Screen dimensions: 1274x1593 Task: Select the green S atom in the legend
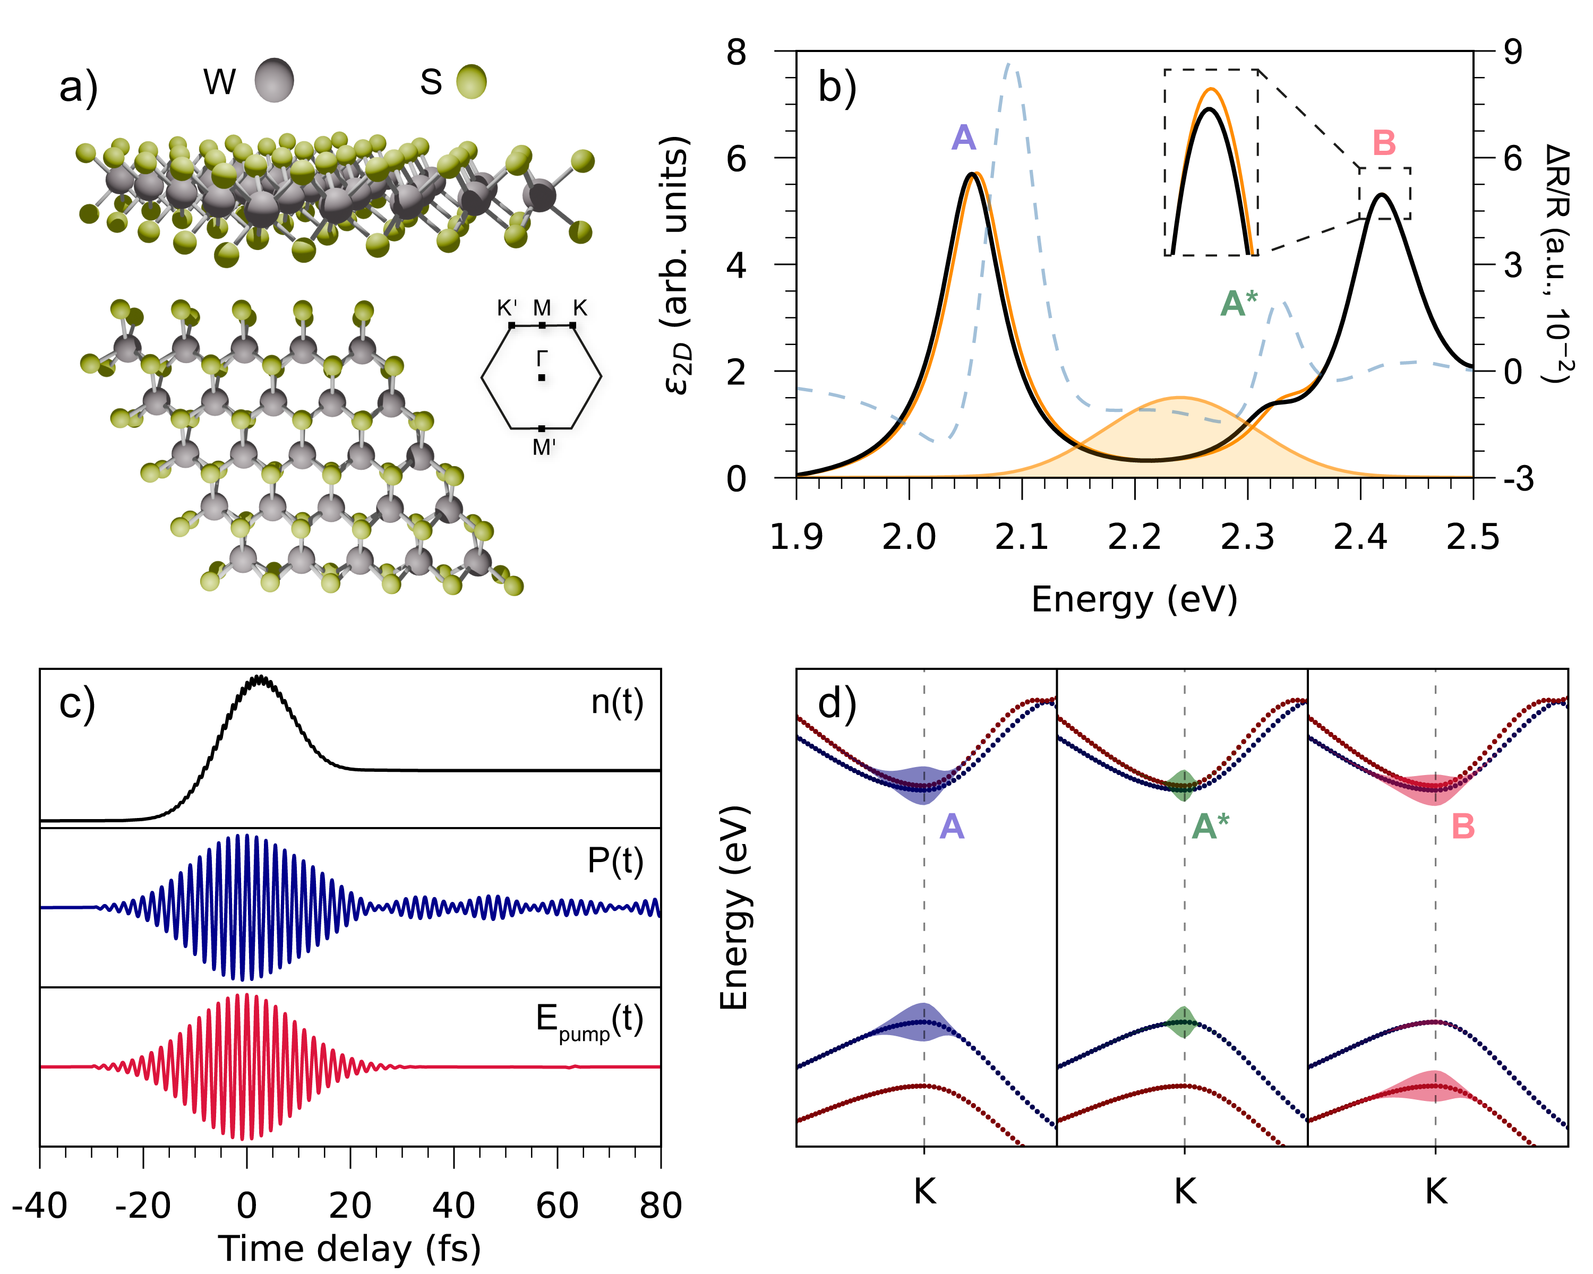coord(472,81)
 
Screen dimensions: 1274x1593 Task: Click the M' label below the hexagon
coord(544,447)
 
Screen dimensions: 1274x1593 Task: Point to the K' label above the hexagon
coord(507,308)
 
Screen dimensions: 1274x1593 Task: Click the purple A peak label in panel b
coord(963,138)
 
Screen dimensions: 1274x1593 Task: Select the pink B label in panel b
coord(1383,143)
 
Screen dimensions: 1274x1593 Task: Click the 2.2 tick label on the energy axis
coord(1135,537)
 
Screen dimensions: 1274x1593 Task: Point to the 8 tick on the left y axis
coord(736,53)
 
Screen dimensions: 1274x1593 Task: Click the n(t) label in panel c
coord(617,702)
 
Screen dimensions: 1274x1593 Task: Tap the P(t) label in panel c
coord(615,860)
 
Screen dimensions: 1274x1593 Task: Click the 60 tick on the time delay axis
coord(557,1206)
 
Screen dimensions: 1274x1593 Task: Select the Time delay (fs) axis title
coord(349,1249)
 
